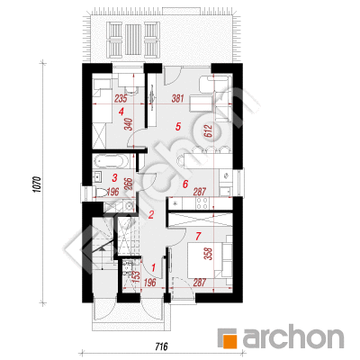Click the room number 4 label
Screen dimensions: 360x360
(121, 112)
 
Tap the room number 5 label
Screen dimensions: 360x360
(178, 127)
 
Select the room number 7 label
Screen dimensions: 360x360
(197, 237)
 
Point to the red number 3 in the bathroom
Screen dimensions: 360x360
(114, 178)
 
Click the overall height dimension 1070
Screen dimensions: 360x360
(37, 184)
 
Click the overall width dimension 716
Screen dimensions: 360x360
(161, 346)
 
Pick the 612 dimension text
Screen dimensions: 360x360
(209, 130)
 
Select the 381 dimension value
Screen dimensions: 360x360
(177, 98)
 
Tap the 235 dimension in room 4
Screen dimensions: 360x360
(121, 98)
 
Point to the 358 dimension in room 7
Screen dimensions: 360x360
(210, 254)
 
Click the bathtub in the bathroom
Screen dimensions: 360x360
(109, 161)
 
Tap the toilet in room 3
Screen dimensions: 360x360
(102, 192)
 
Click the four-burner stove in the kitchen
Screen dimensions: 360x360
(202, 203)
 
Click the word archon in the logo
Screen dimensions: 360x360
(292, 337)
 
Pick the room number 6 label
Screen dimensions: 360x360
(185, 184)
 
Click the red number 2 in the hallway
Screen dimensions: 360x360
(151, 214)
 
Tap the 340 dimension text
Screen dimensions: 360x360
(128, 124)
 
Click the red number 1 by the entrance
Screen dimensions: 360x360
(154, 267)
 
